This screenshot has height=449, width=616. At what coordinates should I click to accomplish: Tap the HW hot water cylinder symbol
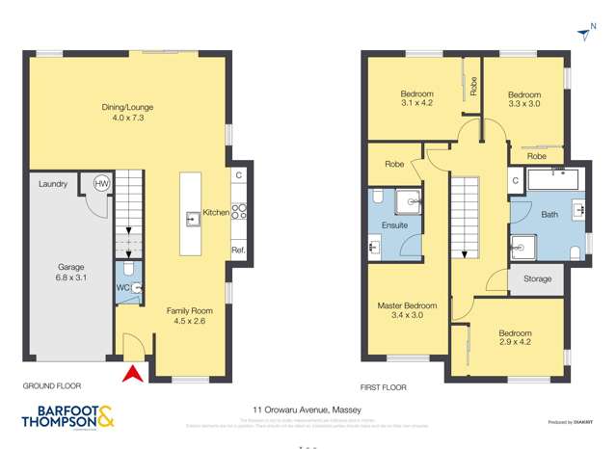102,184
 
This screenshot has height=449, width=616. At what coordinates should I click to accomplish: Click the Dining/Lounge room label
127,113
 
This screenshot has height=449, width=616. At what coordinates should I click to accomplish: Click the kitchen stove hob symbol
238,213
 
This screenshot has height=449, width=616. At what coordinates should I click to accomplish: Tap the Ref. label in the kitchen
237,251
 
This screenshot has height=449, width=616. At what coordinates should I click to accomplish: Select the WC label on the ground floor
122,287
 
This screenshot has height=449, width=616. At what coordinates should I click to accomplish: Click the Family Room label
190,317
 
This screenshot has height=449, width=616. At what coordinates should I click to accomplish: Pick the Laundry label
52,184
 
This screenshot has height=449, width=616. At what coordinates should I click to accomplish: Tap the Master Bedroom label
407,310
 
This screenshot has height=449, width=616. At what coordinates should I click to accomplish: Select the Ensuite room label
395,225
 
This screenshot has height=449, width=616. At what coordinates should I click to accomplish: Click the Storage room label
537,279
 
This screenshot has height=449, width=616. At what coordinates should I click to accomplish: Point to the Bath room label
549,215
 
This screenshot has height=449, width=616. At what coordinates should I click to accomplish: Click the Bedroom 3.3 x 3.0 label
523,98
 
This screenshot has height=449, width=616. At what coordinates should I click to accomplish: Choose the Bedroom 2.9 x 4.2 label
515,338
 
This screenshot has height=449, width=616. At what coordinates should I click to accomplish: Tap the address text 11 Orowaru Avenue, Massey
308,409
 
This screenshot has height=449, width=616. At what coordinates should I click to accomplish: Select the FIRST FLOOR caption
383,387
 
